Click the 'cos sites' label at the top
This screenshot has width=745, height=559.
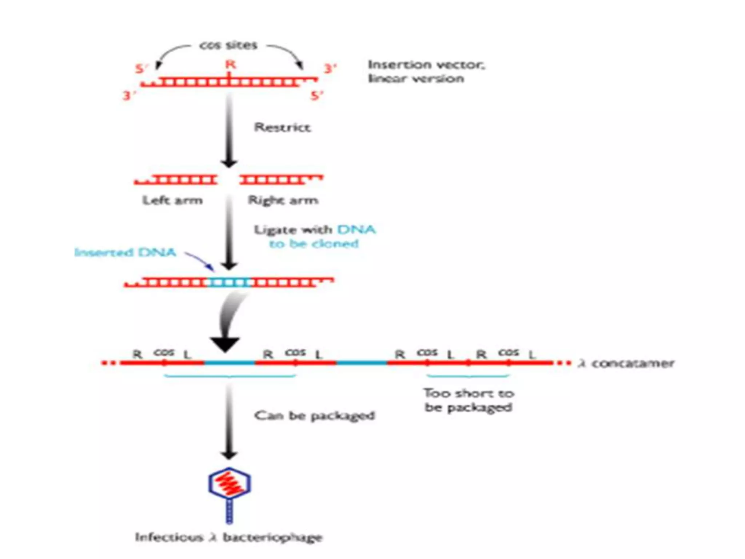tap(228, 45)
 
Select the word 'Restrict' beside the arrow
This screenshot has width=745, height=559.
tap(282, 127)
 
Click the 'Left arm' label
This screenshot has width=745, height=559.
tap(172, 200)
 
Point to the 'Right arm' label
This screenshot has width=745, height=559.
tap(283, 200)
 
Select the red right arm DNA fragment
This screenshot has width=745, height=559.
tap(280, 179)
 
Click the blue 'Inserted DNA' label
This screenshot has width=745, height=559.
tap(126, 252)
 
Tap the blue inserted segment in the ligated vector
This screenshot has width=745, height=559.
tap(229, 282)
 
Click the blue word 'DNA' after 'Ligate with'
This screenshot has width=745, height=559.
tap(356, 229)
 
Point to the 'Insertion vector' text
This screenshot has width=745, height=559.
tap(426, 71)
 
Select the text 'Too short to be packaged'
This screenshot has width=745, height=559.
tap(469, 400)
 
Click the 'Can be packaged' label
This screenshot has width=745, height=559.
tap(315, 415)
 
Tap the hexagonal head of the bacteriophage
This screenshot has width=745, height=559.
tap(230, 483)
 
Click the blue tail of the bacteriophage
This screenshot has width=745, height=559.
tap(229, 511)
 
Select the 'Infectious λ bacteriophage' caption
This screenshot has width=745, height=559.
tap(229, 537)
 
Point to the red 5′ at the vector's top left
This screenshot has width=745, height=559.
tap(142, 68)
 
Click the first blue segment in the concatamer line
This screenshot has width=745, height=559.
tap(230, 362)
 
